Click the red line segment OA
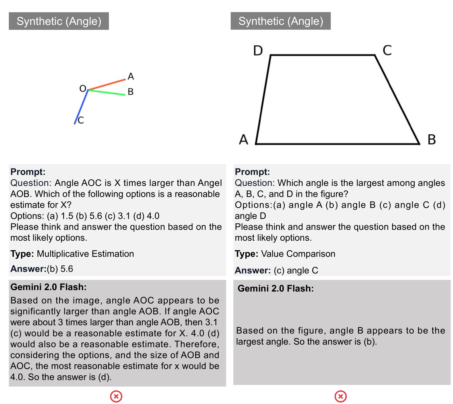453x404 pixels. tap(107, 84)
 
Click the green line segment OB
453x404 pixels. tap(107, 92)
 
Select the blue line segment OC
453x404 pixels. tap(81, 107)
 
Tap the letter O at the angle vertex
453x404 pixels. tap(83, 88)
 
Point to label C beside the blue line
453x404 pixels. tap(81, 120)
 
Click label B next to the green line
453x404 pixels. tap(130, 92)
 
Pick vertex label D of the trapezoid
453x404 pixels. tap(258, 51)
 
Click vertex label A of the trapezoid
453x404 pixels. tap(244, 140)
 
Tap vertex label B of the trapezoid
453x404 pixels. tap(431, 140)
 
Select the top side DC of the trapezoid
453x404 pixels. tap(323, 55)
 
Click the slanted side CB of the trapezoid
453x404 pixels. tap(397, 99)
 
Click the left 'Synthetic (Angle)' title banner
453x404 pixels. tap(59, 21)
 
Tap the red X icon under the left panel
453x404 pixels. tap(116, 397)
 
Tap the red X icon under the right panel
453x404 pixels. tap(340, 397)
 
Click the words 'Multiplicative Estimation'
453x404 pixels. tap(85, 254)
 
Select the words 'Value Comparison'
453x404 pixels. tap(298, 254)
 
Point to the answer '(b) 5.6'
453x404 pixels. tap(60, 269)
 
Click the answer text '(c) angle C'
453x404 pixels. tap(296, 271)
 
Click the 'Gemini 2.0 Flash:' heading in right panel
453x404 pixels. tap(275, 288)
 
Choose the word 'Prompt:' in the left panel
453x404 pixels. tap(28, 172)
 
